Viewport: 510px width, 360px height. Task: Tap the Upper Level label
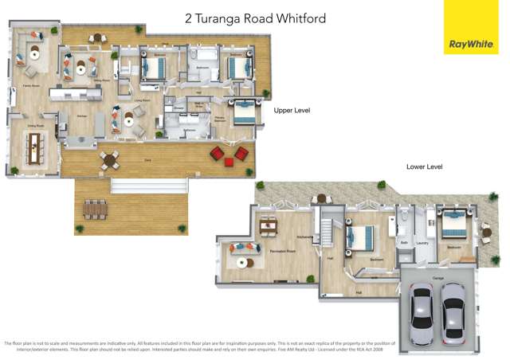pos(291,110)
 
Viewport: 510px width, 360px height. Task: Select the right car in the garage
pos(453,315)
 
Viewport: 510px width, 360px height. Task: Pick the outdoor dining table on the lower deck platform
pos(95,209)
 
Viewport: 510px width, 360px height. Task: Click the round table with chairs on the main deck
pos(109,159)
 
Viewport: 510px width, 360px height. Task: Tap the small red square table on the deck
pos(229,162)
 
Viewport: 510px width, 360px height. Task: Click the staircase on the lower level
pos(326,232)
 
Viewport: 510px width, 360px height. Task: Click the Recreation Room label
pos(283,251)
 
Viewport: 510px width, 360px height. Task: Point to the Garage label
pos(437,279)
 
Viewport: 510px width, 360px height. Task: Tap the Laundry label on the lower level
pos(422,244)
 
